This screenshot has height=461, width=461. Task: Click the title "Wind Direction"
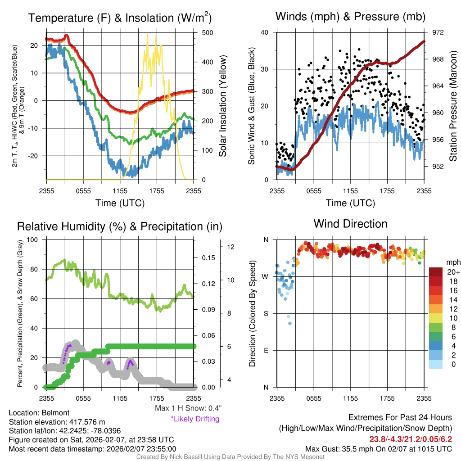coord(350,224)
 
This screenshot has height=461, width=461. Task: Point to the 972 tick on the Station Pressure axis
coord(438,33)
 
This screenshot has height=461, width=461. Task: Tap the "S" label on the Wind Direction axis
coord(265,313)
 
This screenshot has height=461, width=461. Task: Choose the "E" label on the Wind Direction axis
coord(265,350)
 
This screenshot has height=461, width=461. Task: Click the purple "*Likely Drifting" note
coord(195,419)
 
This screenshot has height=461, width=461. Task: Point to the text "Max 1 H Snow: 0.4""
coord(188,408)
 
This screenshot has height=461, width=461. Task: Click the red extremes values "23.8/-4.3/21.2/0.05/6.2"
coord(411,439)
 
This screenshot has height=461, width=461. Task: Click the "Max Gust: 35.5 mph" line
coord(378,448)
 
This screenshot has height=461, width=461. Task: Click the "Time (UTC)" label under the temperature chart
coord(120,203)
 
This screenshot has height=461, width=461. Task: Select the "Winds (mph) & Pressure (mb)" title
coord(350,17)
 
